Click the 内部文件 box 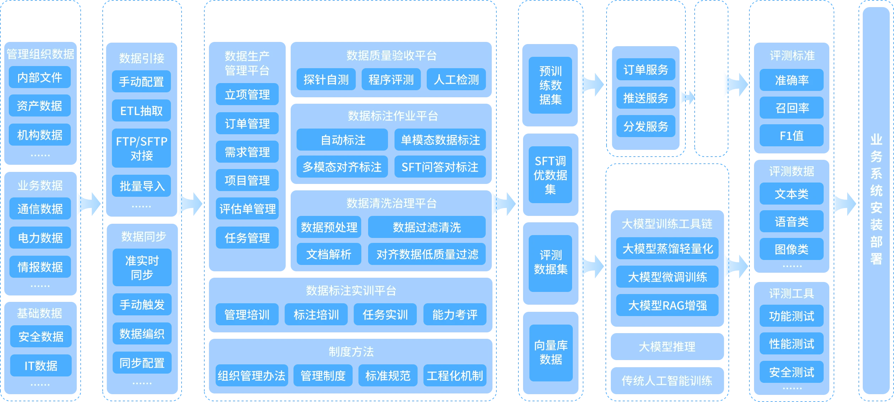[40, 77]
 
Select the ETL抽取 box [141, 111]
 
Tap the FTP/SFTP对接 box [141, 148]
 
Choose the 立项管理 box [247, 94]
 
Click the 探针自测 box [326, 80]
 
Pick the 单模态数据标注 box [440, 140]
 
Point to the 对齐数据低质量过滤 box [427, 254]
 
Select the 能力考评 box [455, 315]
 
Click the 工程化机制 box [455, 376]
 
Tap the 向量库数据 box [551, 353]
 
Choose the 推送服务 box [646, 98]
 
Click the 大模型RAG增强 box [667, 305]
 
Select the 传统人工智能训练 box [667, 381]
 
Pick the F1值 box [791, 136]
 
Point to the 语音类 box [791, 222]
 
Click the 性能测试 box [791, 344]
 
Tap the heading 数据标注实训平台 [351, 291]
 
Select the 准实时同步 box [142, 268]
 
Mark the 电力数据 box [40, 238]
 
